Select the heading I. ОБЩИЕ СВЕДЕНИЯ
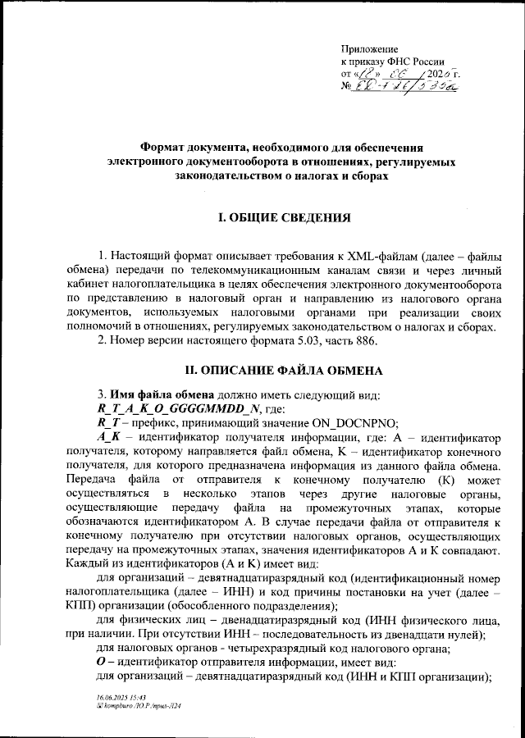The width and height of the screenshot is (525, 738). [283, 219]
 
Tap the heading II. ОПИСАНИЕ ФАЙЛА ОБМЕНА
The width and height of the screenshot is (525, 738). [283, 371]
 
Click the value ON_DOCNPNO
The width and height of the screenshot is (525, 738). [350, 423]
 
